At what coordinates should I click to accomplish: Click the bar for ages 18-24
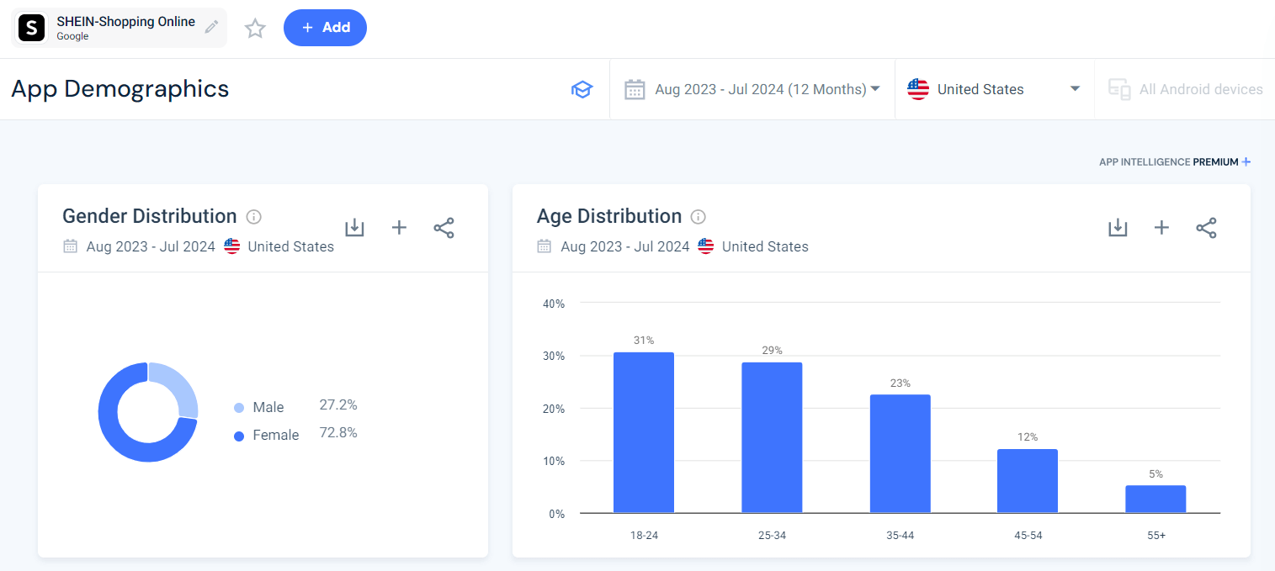pos(644,432)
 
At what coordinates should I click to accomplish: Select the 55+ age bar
pos(1155,499)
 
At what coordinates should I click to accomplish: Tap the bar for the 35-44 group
pos(900,453)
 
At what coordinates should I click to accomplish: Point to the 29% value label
pos(773,351)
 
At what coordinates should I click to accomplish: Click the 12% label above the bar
pos(1028,437)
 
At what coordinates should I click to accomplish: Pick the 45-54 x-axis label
pos(1028,535)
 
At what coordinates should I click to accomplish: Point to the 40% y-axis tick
pos(553,304)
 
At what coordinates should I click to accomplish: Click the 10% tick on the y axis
pos(553,462)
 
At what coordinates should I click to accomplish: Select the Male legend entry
pos(268,407)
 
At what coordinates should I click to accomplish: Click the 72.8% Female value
pos(338,433)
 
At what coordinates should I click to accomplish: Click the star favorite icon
pos(255,29)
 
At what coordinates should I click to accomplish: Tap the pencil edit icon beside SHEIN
pos(211,28)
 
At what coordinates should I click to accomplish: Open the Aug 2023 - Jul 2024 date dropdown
pos(752,89)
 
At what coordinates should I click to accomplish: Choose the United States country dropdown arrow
pos(1075,89)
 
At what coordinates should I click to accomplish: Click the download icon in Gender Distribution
pos(354,228)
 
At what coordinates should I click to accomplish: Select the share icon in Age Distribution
pos(1206,228)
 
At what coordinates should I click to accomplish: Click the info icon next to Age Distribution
pos(698,217)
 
